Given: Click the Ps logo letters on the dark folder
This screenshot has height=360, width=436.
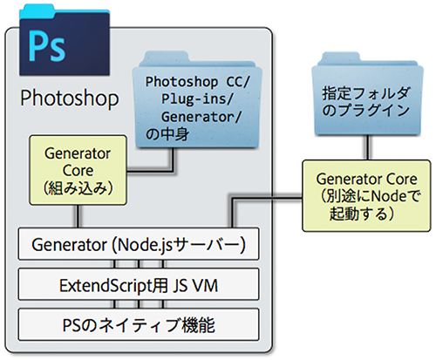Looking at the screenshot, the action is coord(47,47).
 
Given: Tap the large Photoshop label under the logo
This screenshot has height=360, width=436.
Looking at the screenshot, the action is coord(70,98).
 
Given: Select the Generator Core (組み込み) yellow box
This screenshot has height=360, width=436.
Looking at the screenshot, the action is coord(78,170).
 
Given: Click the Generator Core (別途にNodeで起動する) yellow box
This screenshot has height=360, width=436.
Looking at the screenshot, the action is coord(366,195).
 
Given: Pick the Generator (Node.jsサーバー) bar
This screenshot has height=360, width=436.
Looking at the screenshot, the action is coord(139,244).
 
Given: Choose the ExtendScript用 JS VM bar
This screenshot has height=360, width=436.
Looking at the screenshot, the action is coord(139,284).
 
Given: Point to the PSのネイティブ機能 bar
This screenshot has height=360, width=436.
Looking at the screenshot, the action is coord(139,324).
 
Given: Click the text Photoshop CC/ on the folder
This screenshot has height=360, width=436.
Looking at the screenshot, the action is coord(197,82).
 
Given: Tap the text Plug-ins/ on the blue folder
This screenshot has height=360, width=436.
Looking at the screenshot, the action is coord(197,99).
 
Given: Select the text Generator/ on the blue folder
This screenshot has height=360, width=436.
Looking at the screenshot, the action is coord(201,117).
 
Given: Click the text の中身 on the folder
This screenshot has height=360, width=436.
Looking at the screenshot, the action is coord(167,134).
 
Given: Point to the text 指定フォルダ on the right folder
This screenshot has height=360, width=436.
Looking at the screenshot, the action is coord(366,93).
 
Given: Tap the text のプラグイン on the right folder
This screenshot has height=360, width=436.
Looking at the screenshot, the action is coord(365,111).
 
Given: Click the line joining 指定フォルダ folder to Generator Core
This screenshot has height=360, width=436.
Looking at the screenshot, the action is coord(368,147).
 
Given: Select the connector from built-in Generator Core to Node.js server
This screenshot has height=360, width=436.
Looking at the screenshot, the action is coord(78,216).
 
